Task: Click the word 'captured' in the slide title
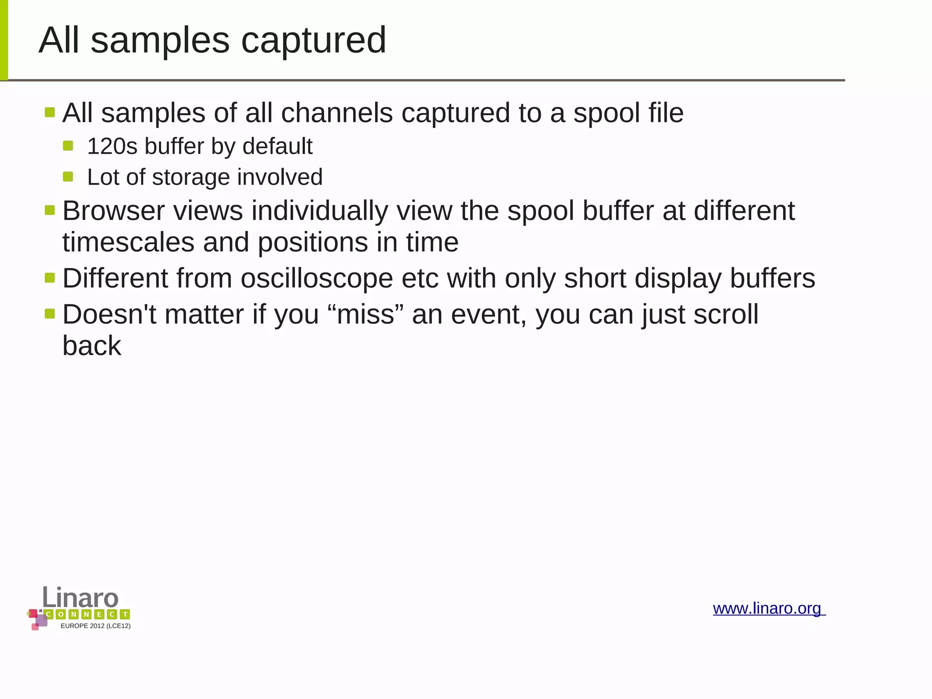(x=314, y=41)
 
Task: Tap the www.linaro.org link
(x=768, y=608)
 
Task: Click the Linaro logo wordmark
(x=81, y=597)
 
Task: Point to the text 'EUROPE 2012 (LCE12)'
(x=96, y=626)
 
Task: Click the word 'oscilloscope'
(x=317, y=279)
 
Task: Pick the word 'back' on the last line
(x=91, y=346)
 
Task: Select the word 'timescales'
(x=128, y=242)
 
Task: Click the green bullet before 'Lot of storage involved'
(x=68, y=177)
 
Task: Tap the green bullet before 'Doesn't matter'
(x=50, y=313)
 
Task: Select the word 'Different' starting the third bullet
(x=115, y=279)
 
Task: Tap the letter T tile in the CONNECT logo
(x=125, y=614)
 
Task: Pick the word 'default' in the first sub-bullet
(x=277, y=147)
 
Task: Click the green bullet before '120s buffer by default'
(x=68, y=146)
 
